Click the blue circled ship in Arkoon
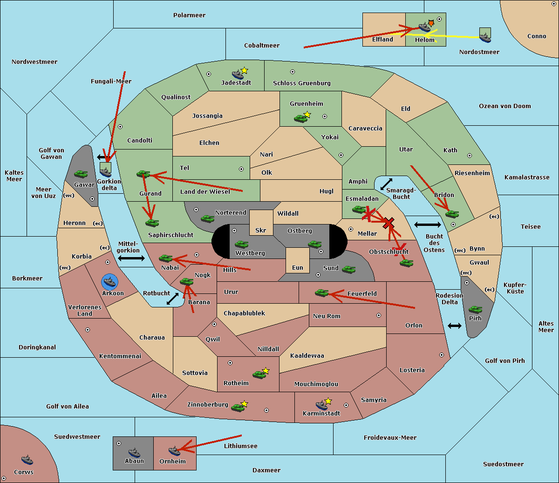[109, 281]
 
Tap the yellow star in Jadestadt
[244, 71]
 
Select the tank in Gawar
[81, 174]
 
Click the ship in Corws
[27, 460]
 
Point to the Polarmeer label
[189, 15]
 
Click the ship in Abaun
[134, 452]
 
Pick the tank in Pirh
[475, 309]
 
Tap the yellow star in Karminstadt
[328, 401]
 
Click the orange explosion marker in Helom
[431, 23]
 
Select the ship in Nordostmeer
[485, 37]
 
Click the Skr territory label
[260, 230]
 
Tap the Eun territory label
[298, 267]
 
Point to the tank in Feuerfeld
[321, 293]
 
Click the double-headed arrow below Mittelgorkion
[131, 258]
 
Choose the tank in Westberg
[241, 244]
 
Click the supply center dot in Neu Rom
[379, 315]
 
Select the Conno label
[537, 36]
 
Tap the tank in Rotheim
[259, 374]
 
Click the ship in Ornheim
[174, 451]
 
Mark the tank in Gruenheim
[300, 118]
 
